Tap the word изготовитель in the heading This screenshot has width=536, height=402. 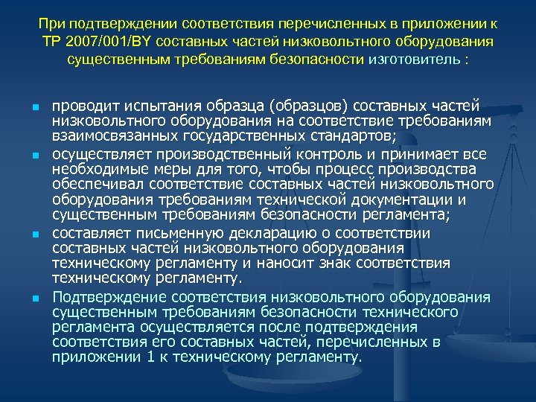(x=413, y=59)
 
